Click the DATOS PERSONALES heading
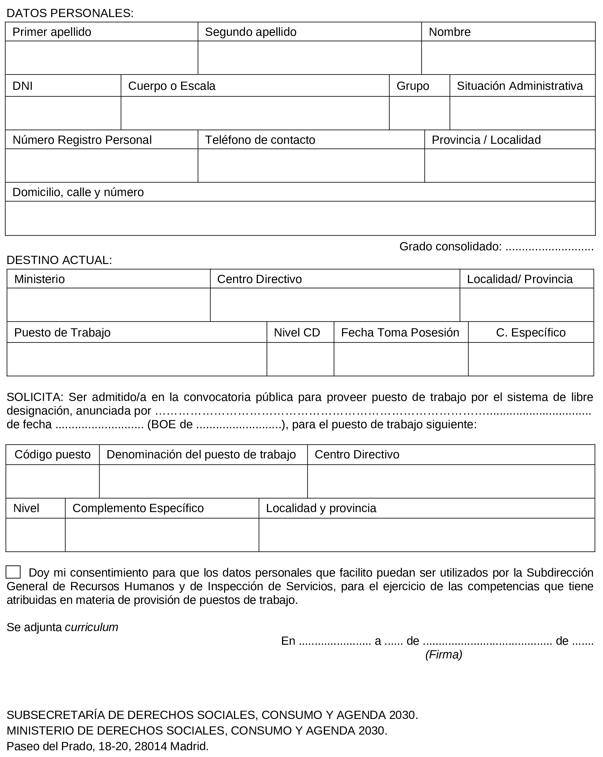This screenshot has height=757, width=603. click(70, 13)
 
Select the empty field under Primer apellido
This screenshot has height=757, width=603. click(101, 58)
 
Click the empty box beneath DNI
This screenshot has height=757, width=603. click(63, 113)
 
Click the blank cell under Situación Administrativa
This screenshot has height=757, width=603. click(522, 113)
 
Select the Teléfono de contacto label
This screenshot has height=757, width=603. click(260, 140)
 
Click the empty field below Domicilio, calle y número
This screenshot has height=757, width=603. click(300, 218)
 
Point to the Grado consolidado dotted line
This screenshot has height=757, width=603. click(549, 247)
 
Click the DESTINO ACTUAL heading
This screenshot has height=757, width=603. click(59, 260)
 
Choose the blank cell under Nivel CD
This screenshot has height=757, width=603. click(300, 359)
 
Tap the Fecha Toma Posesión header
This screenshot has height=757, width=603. click(400, 332)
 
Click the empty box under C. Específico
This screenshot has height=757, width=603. click(531, 359)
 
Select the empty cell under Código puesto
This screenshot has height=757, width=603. click(52, 481)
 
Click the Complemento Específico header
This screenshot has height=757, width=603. click(138, 508)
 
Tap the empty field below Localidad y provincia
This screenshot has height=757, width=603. click(427, 535)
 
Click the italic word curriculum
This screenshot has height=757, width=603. click(92, 627)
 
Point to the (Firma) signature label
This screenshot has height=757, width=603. click(444, 655)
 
